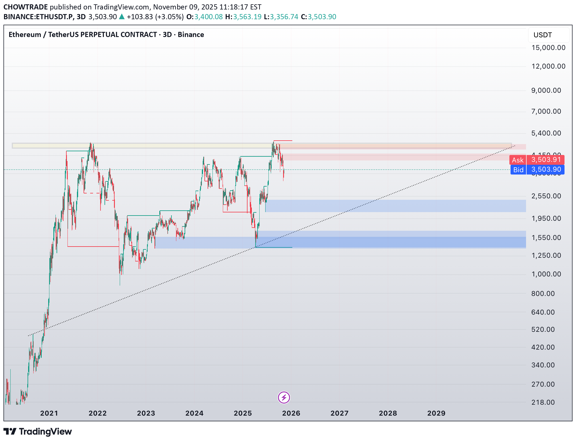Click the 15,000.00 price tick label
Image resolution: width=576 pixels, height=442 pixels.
[548, 48]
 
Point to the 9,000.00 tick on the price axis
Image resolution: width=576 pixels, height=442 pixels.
[546, 90]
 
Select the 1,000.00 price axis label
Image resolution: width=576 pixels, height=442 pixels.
[546, 274]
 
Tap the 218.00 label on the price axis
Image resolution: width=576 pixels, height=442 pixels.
[543, 402]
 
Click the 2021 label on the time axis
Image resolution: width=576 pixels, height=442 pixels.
[49, 413]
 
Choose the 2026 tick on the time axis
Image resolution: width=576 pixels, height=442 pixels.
[291, 413]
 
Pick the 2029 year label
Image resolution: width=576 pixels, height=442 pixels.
[436, 413]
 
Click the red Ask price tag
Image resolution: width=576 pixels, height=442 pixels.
[537, 160]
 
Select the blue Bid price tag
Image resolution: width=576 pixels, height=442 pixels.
[537, 170]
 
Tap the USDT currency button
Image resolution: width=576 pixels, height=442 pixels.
[543, 35]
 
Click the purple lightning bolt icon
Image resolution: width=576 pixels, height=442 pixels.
[284, 398]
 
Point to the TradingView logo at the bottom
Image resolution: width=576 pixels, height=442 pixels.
[38, 432]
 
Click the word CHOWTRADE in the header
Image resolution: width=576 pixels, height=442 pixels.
[26, 7]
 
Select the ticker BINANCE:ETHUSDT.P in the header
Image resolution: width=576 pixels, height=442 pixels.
[38, 17]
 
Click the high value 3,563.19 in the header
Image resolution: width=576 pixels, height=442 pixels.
[247, 17]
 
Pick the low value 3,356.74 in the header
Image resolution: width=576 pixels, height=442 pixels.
[284, 17]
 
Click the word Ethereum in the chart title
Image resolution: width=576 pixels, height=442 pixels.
[25, 35]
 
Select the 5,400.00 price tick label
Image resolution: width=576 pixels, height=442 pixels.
[546, 133]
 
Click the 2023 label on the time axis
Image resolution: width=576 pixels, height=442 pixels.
[146, 413]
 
